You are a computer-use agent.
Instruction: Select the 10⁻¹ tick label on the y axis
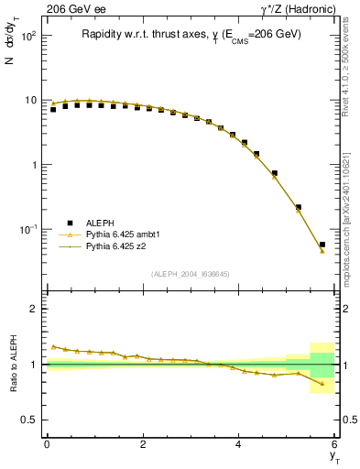pyautogui.click(x=27, y=229)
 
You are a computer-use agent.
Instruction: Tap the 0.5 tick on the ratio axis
pyautogui.click(x=29, y=420)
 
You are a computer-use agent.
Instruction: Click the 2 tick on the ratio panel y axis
pyautogui.click(x=34, y=310)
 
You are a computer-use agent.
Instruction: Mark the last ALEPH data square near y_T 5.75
pyautogui.click(x=322, y=245)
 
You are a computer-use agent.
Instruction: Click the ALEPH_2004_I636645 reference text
pyautogui.click(x=191, y=275)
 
